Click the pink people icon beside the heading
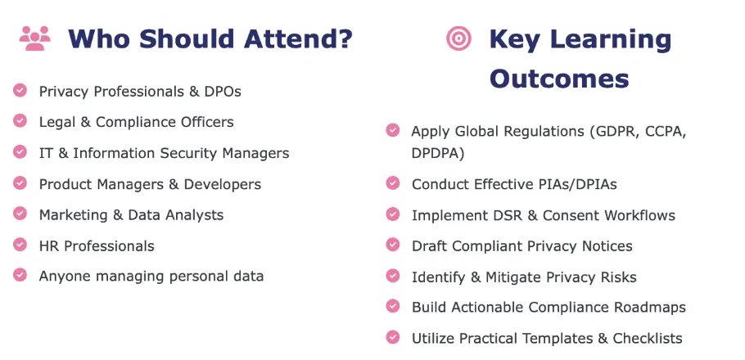(x=34, y=38)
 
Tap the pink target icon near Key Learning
(x=459, y=38)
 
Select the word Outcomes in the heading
(x=559, y=79)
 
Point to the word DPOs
(x=223, y=91)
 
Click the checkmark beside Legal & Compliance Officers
(x=20, y=120)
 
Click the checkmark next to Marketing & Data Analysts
(x=20, y=214)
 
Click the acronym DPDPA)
(x=438, y=153)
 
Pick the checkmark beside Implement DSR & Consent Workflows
(x=393, y=214)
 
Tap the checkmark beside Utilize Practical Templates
(x=393, y=337)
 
